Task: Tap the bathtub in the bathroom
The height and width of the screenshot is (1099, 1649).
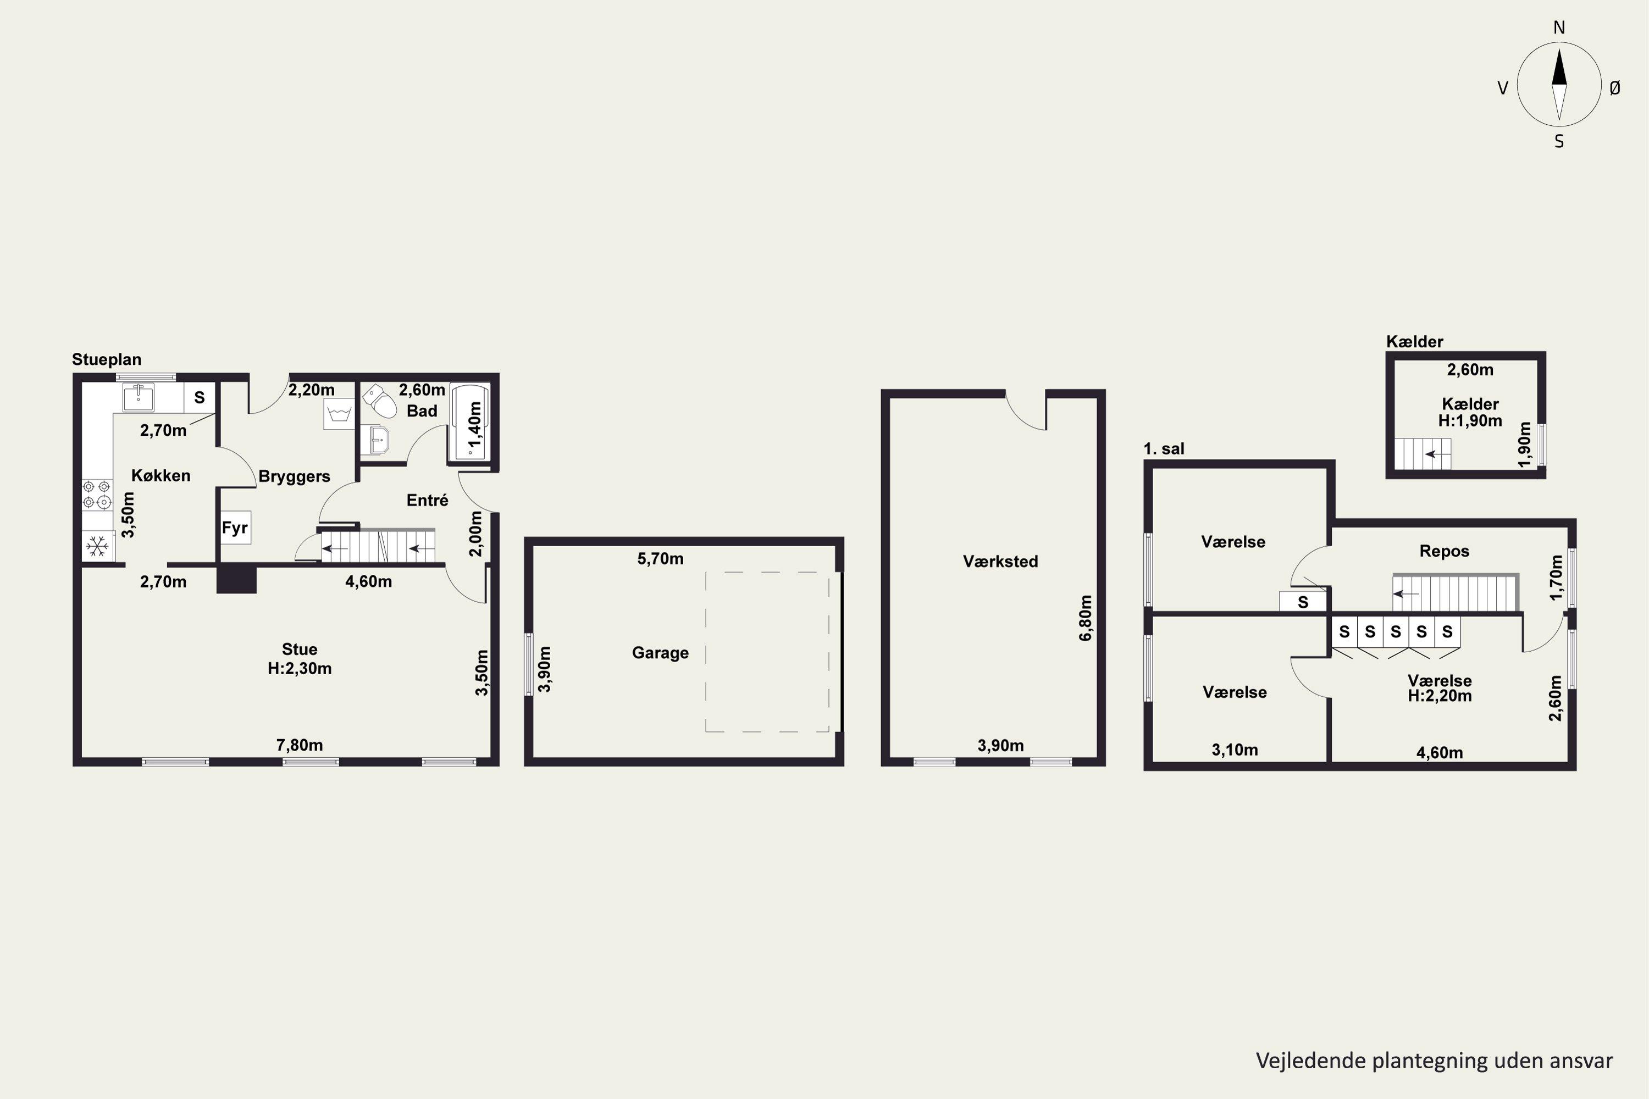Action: point(470,422)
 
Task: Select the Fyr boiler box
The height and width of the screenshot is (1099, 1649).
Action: point(235,528)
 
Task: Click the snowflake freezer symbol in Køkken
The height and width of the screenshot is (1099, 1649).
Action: point(97,547)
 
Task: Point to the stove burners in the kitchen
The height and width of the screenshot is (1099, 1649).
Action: point(97,494)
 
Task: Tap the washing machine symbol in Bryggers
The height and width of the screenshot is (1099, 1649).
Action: point(339,414)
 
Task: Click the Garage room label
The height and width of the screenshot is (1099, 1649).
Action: point(660,653)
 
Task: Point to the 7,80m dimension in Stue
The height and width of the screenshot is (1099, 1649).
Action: point(300,745)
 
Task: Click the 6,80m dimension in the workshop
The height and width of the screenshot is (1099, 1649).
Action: point(1085,618)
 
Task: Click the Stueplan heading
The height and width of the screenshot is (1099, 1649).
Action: point(107,359)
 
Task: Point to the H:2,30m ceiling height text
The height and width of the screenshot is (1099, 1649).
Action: point(300,669)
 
